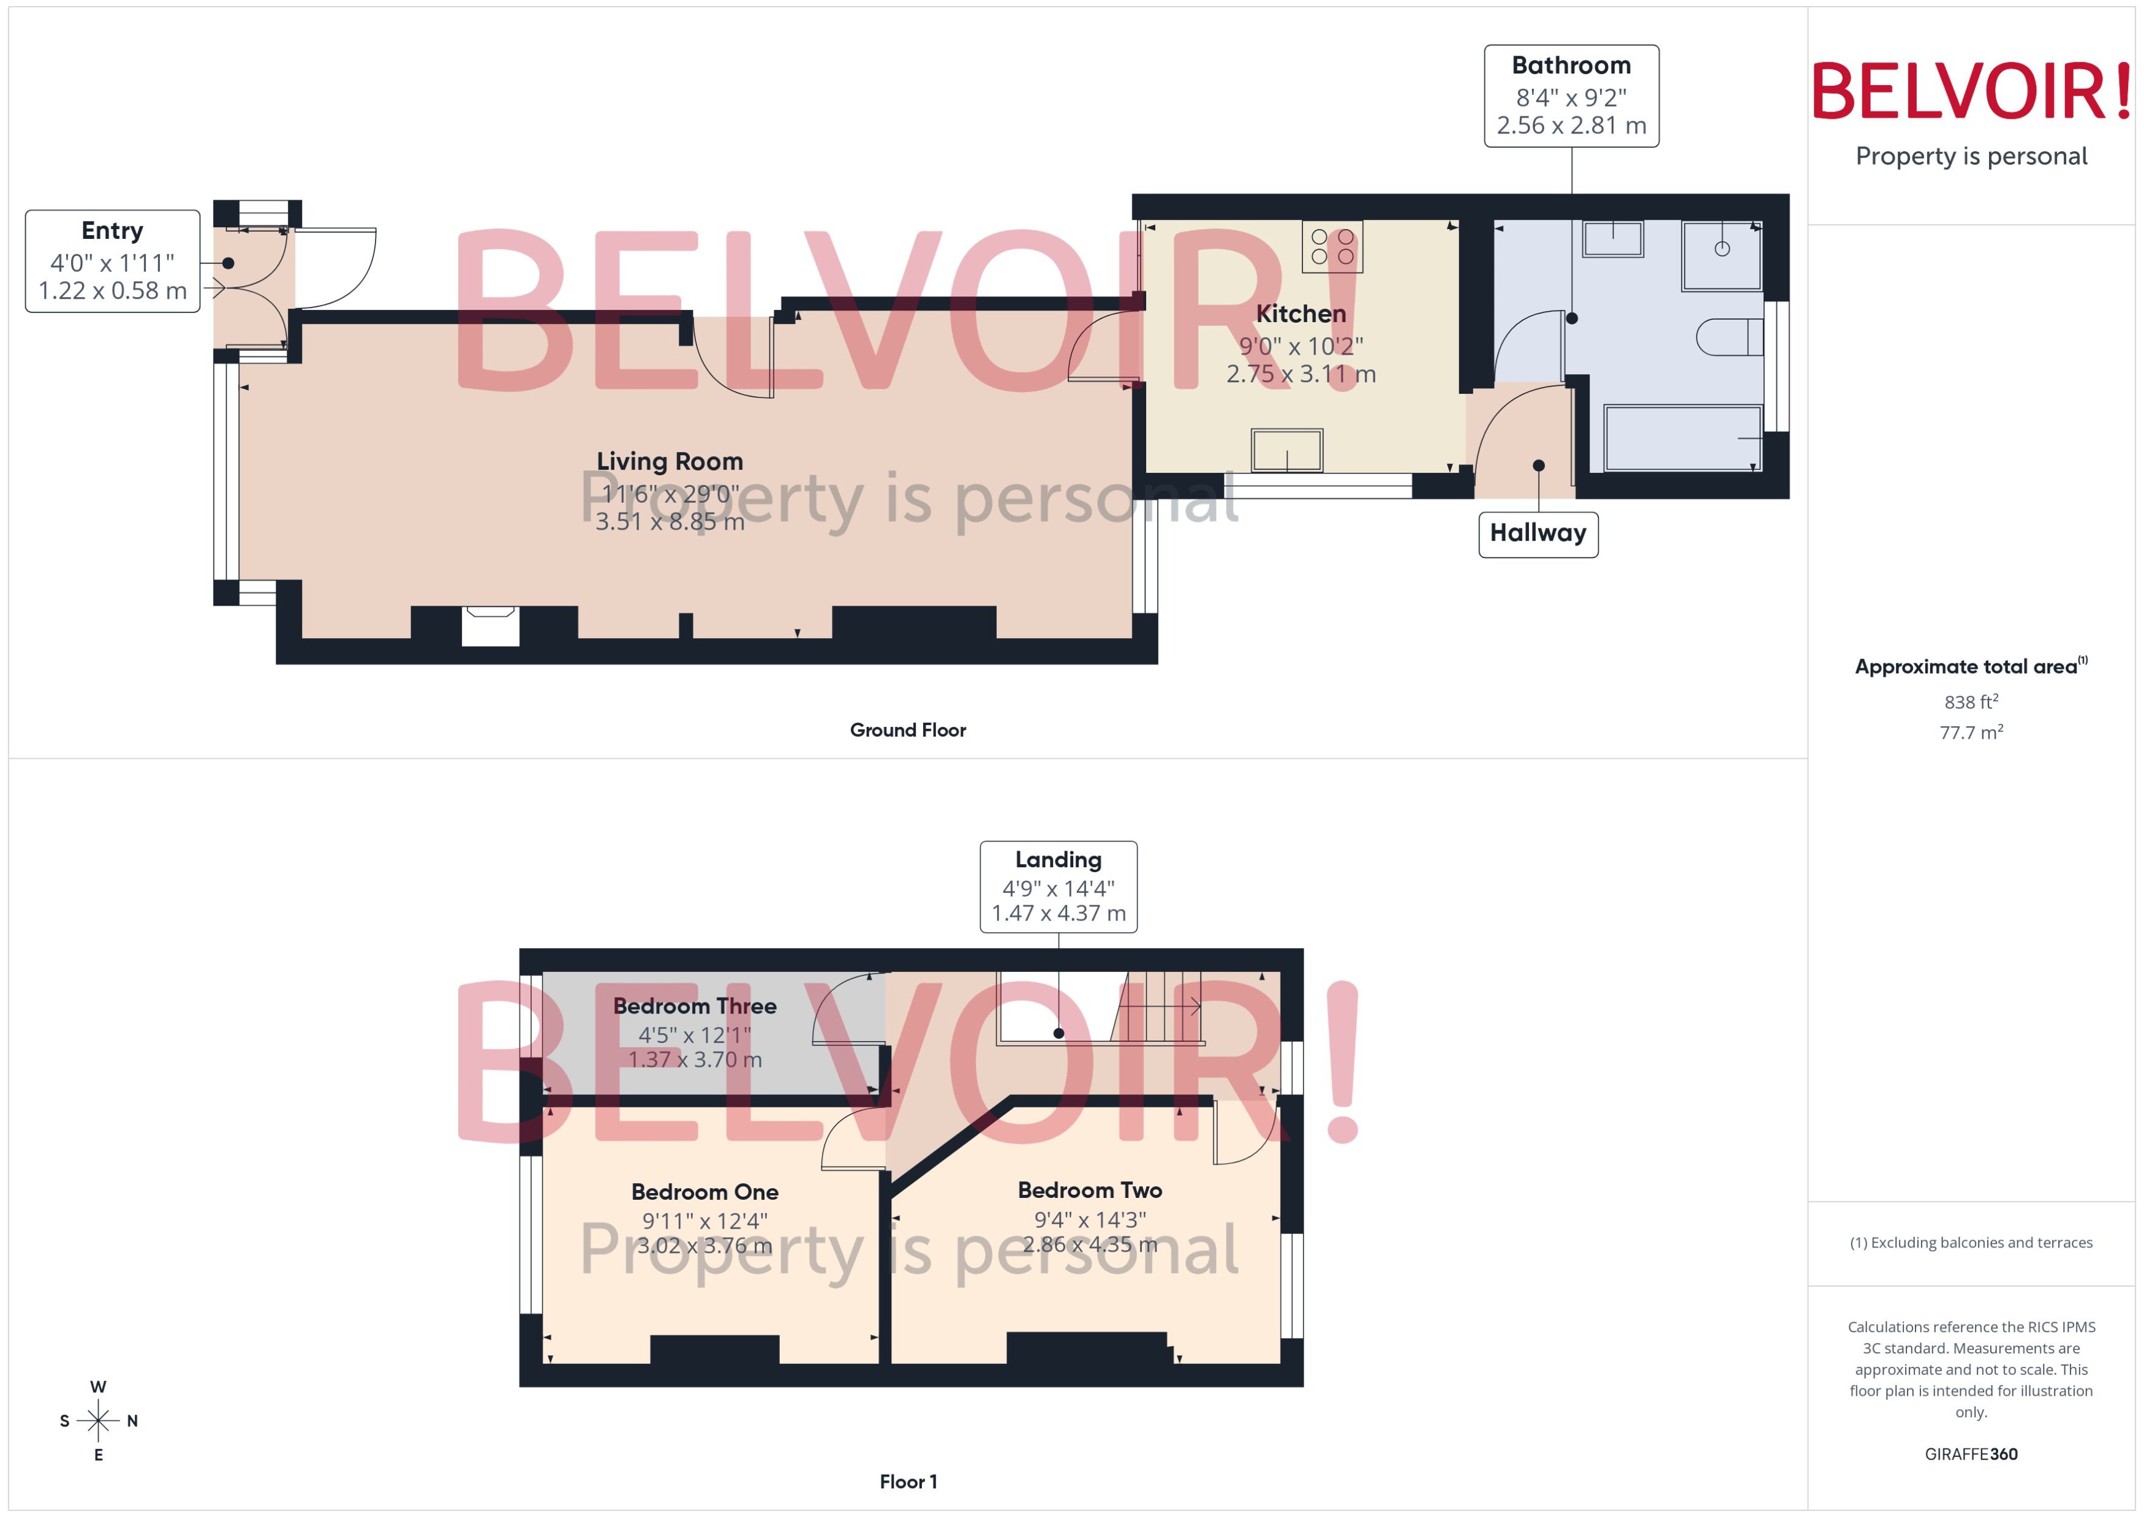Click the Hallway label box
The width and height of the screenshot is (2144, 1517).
tap(1537, 533)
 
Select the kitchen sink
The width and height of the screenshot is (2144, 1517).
tap(1286, 450)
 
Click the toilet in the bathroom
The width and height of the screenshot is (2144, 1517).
tap(1728, 337)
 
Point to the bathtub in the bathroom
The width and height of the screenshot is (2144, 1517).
tap(1682, 437)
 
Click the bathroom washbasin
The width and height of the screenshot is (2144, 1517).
tap(1612, 238)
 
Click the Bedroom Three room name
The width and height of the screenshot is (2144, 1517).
tap(694, 1006)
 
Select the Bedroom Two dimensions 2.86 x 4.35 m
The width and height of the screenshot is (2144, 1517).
tap(1089, 1244)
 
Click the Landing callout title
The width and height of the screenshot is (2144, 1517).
tap(1057, 859)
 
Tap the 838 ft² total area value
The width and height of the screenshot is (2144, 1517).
tap(1970, 701)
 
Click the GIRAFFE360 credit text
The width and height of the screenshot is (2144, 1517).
tap(1970, 1453)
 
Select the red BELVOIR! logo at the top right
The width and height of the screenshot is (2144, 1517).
tap(1970, 91)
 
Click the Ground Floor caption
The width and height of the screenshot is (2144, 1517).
tap(907, 729)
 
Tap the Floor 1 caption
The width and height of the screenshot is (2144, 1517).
tap(907, 1481)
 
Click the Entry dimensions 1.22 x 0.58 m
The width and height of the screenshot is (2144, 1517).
tap(112, 290)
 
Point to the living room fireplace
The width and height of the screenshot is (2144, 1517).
tap(489, 626)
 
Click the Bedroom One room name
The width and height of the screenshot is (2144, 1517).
tap(704, 1192)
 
